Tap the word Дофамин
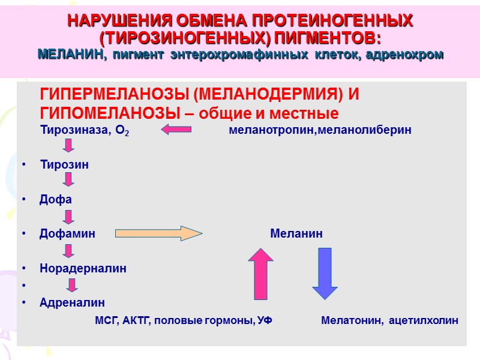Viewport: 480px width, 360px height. click(x=67, y=234)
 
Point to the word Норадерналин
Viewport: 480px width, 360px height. click(x=83, y=268)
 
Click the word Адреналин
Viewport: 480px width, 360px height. click(x=72, y=303)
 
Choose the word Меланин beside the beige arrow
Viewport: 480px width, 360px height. click(x=296, y=234)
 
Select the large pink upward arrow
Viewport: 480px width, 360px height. click(x=261, y=273)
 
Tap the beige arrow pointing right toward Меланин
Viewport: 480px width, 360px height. click(x=159, y=233)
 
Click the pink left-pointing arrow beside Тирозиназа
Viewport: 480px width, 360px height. click(x=176, y=129)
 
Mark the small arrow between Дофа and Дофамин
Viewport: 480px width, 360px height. click(x=69, y=217)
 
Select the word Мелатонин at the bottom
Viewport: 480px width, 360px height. click(x=352, y=320)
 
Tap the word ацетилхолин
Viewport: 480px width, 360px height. click(x=424, y=320)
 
